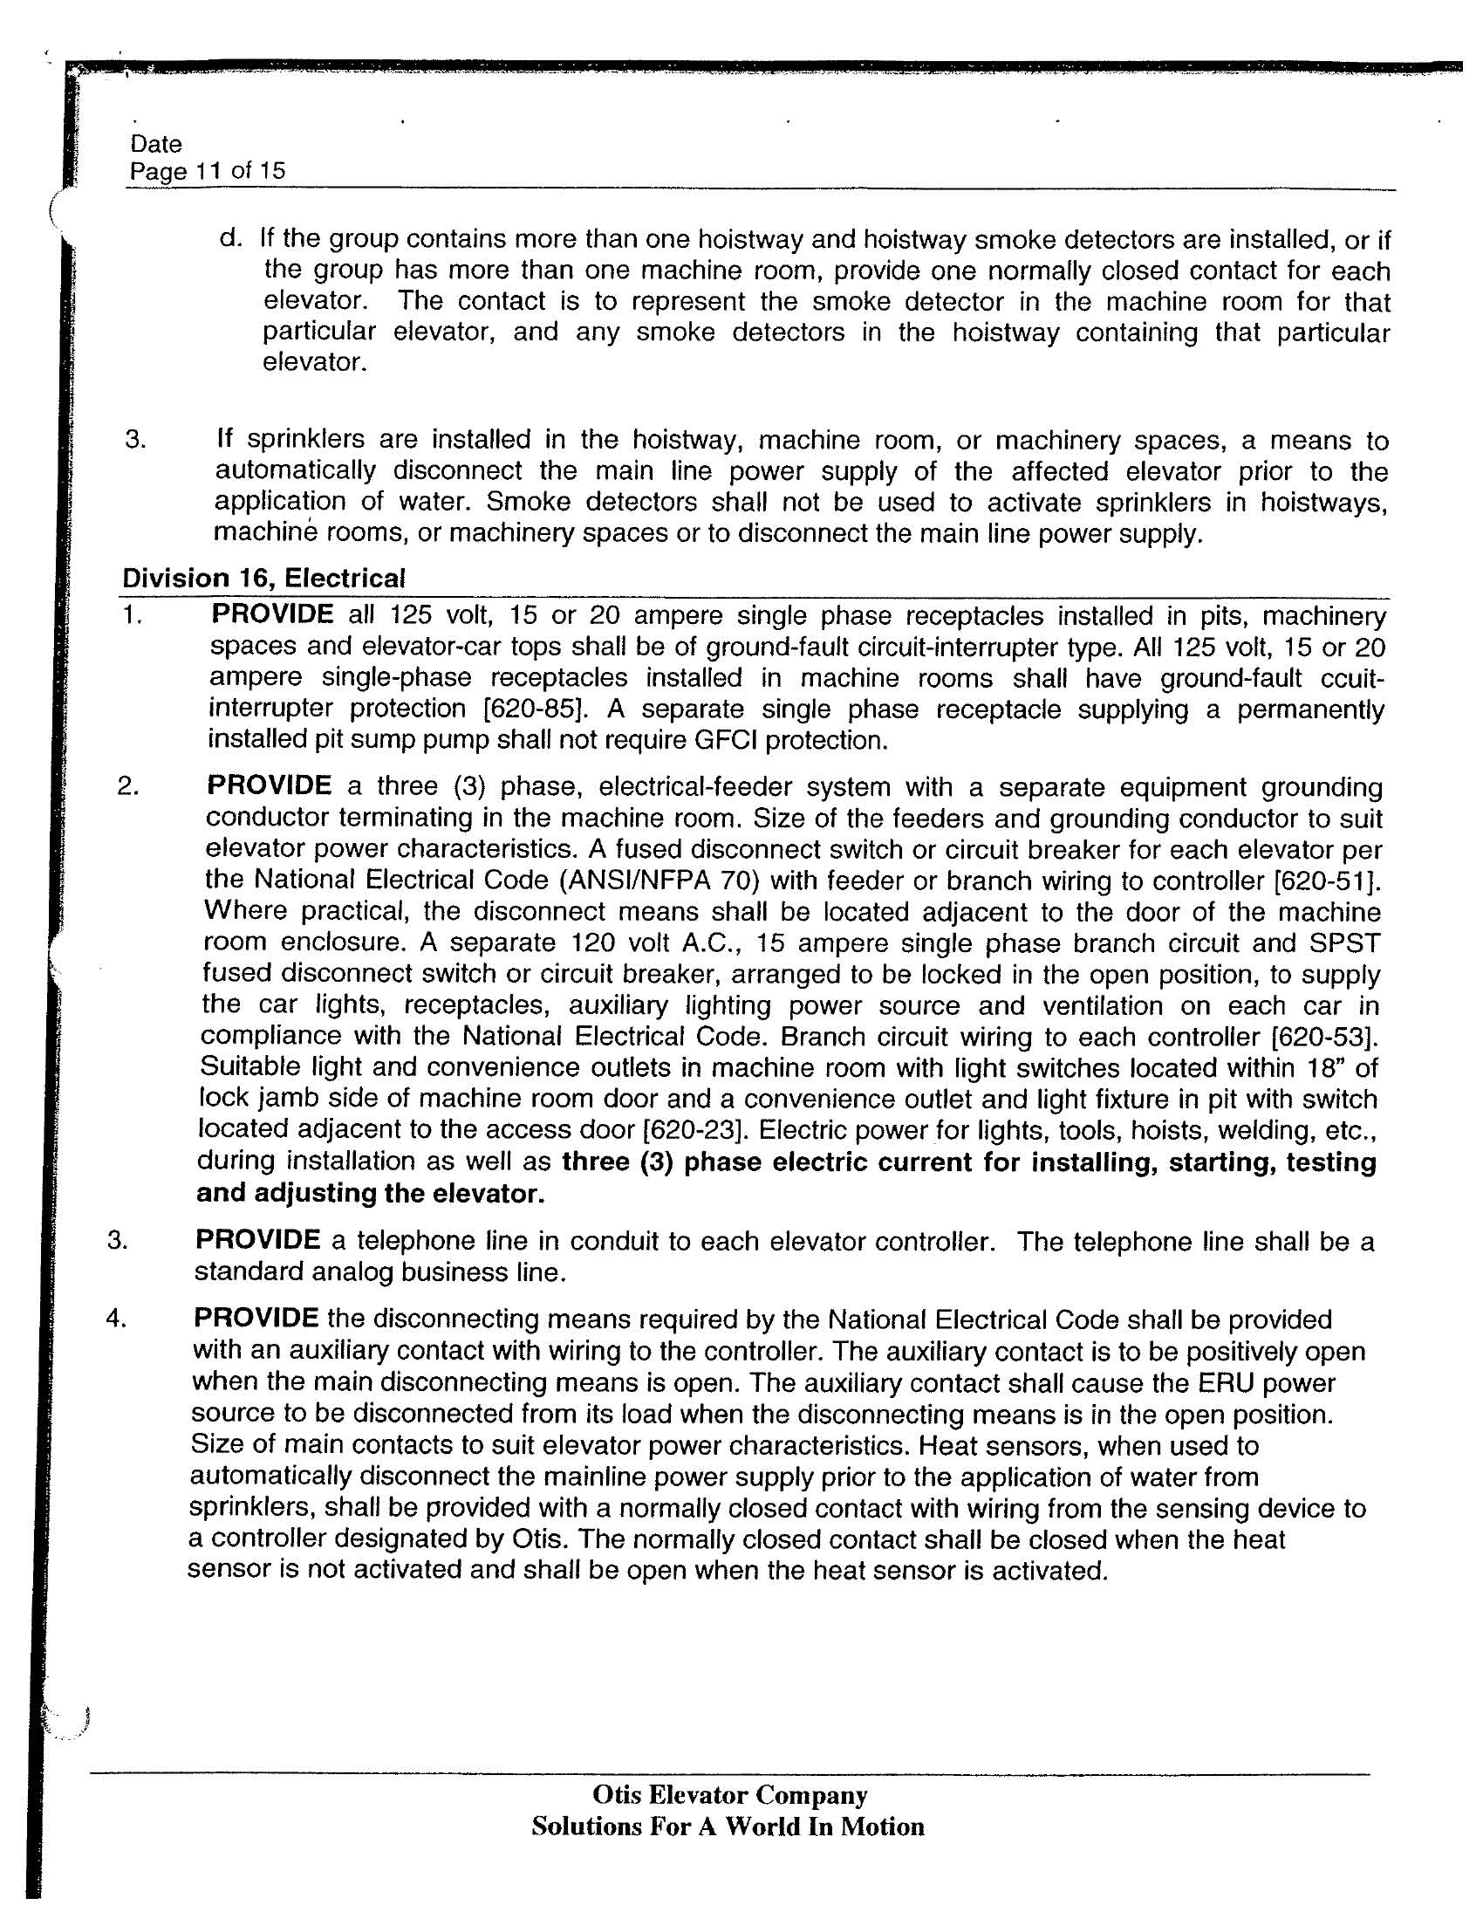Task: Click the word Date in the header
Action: pos(155,144)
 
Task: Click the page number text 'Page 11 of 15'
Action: pos(208,170)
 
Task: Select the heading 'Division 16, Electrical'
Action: pos(263,579)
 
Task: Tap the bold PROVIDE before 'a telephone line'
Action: pos(257,1240)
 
